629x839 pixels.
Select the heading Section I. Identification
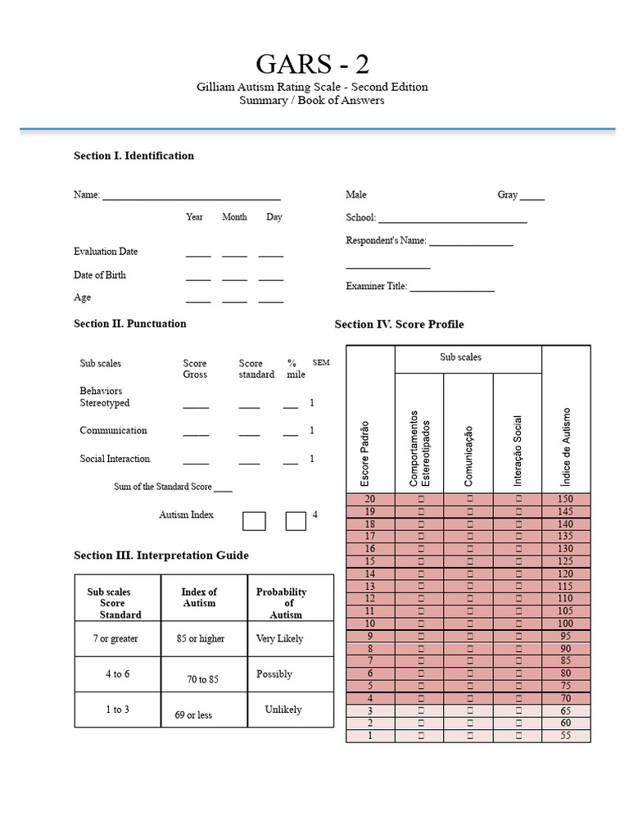133,156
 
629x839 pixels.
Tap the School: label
360,218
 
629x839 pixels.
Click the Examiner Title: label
377,286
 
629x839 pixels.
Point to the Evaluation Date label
106,252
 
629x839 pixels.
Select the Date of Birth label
100,275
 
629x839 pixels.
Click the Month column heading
234,217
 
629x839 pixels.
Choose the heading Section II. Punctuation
129,324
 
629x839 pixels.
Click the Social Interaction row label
115,459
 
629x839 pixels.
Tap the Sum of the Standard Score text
163,487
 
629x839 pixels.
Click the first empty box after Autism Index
254,521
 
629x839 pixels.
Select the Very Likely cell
279,638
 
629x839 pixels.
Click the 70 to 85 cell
202,679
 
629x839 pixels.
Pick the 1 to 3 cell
117,710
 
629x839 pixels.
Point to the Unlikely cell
283,710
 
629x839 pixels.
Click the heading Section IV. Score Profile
399,324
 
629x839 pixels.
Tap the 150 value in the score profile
566,499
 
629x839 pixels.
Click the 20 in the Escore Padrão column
369,499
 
